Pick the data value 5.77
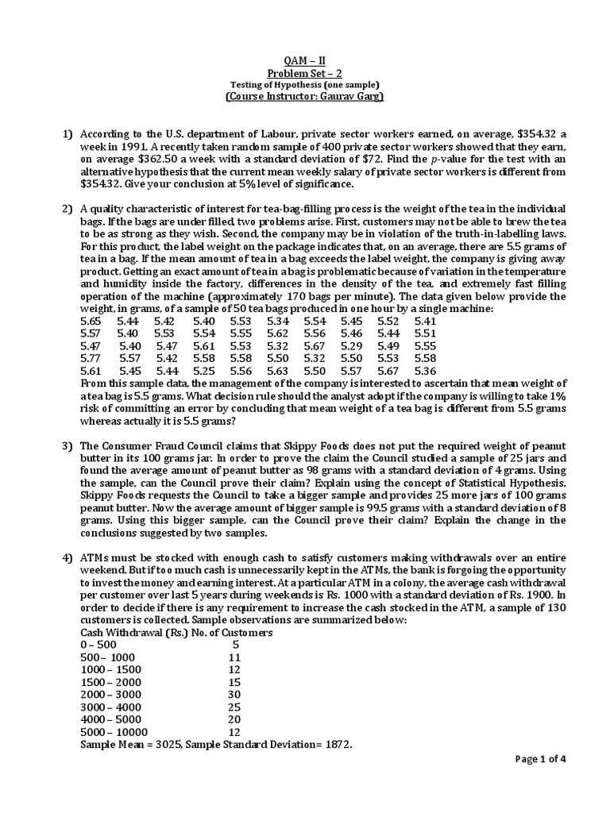click(91, 358)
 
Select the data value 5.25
click(203, 371)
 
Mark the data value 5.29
click(351, 346)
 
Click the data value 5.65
click(91, 321)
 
